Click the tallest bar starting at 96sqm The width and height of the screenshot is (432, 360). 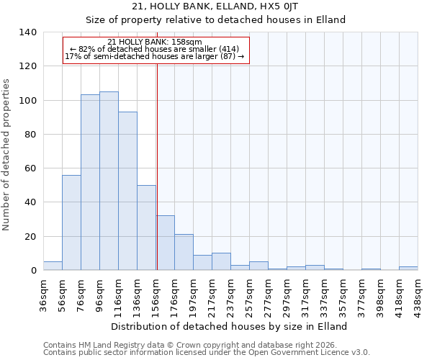point(109,181)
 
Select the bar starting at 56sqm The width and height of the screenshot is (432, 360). point(71,222)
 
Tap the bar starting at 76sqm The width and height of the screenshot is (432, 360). point(90,182)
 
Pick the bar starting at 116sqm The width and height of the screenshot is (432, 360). point(127,191)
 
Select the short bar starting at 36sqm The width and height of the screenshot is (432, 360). point(53,266)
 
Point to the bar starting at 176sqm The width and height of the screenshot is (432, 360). point(184,252)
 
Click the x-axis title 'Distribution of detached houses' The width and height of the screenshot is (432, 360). point(230,326)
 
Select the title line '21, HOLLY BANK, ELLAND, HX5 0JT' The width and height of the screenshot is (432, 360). point(215,6)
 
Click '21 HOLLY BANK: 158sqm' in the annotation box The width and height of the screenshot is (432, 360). point(156,42)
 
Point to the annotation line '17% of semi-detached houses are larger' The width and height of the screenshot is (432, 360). point(156,56)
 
